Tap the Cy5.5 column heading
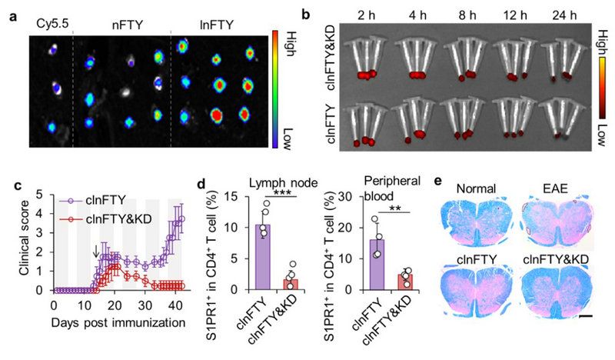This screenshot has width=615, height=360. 51,24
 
